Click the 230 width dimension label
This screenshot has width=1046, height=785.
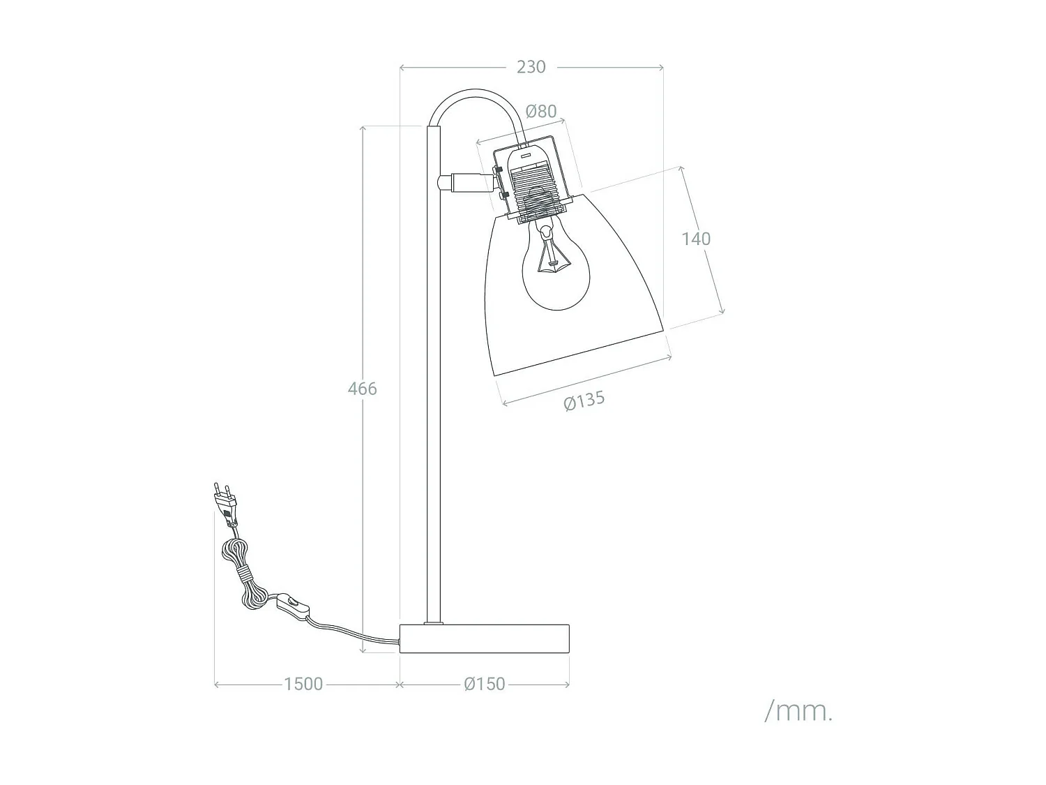tap(531, 67)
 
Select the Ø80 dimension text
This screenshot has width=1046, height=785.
tap(541, 111)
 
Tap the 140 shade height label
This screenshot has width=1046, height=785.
tap(696, 239)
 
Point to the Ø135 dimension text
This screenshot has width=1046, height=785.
tap(584, 401)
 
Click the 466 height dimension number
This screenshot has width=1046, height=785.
tap(362, 389)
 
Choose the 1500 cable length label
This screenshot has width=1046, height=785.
tap(303, 684)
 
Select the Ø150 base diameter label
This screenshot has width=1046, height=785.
tap(484, 684)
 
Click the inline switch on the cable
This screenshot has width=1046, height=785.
tap(293, 606)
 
